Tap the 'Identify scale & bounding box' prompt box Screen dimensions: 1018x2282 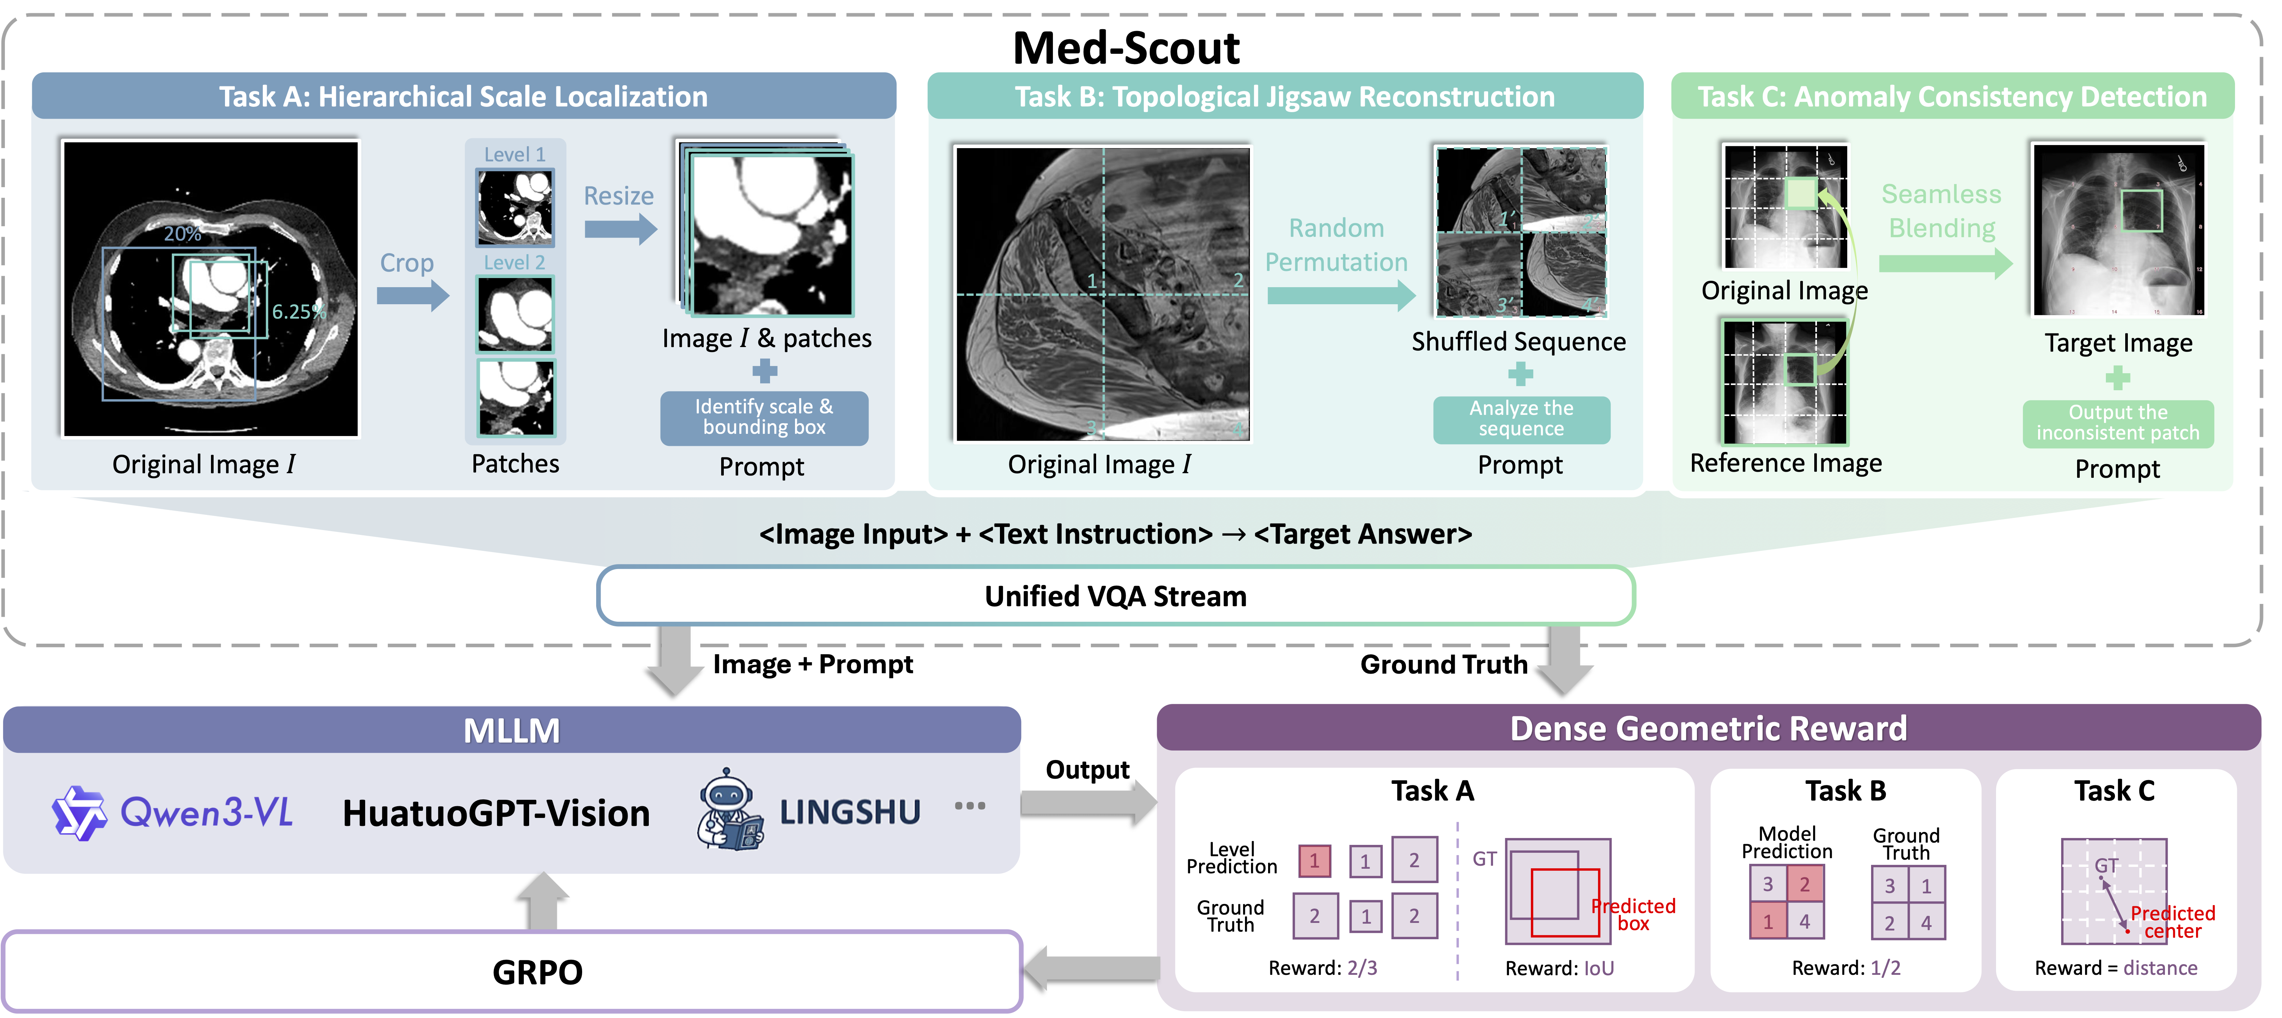coord(764,417)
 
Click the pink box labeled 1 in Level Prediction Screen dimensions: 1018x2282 coord(1314,860)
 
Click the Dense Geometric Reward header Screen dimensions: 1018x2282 coord(1708,728)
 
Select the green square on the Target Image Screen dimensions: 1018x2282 coord(2141,211)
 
